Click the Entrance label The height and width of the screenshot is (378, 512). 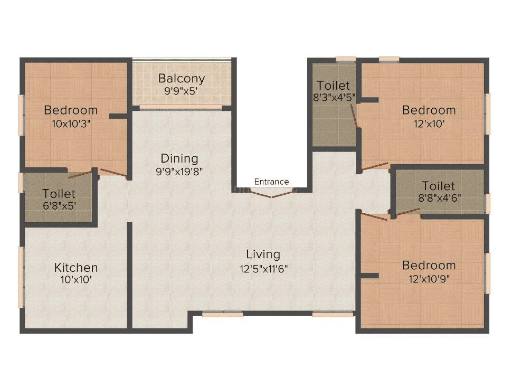[x=271, y=182]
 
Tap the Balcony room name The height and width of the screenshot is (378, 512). [x=182, y=79]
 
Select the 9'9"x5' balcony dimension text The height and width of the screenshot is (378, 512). [x=181, y=91]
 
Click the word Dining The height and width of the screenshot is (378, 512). [x=179, y=158]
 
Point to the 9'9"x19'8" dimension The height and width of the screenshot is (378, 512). [x=179, y=171]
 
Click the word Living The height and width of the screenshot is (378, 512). [x=263, y=254]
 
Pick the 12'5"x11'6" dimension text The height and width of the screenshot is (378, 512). [x=263, y=269]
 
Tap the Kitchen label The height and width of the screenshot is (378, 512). [x=76, y=268]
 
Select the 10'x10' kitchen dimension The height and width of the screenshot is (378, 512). [x=76, y=280]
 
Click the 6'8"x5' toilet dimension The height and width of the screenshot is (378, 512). [x=59, y=206]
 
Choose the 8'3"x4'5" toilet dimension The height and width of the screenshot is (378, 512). [x=334, y=97]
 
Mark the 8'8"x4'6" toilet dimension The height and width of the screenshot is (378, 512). [x=440, y=198]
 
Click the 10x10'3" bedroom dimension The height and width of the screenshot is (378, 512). [x=71, y=124]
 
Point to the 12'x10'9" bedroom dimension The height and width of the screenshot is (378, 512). [x=429, y=279]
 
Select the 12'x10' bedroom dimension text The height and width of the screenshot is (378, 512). [x=429, y=124]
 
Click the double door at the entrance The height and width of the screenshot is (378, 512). [x=272, y=194]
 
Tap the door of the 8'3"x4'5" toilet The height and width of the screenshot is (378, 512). [x=355, y=116]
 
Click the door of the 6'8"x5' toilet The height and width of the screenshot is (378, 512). [x=81, y=174]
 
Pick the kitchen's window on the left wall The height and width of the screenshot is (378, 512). [x=22, y=277]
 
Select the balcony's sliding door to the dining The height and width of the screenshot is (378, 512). [x=181, y=107]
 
